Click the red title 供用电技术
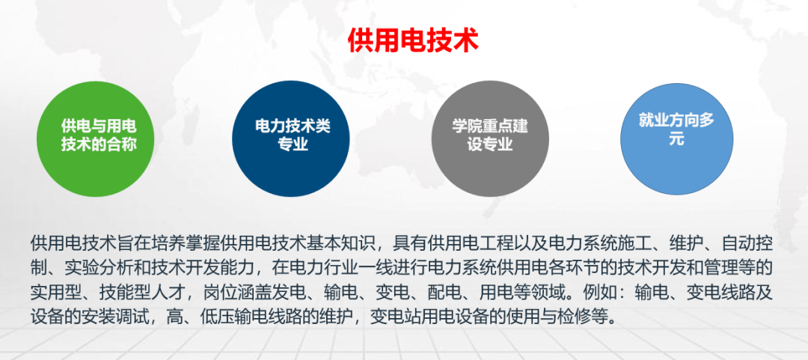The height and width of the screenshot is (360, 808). coord(412,40)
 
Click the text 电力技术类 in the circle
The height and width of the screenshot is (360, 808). coord(292,126)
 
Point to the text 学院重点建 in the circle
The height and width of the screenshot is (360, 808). coord(490,126)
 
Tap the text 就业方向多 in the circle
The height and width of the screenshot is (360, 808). coord(676,120)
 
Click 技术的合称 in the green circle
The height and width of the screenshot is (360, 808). coord(98,145)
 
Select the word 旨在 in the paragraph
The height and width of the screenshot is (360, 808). coord(134,243)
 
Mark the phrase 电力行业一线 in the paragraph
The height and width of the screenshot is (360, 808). coord(355,267)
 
